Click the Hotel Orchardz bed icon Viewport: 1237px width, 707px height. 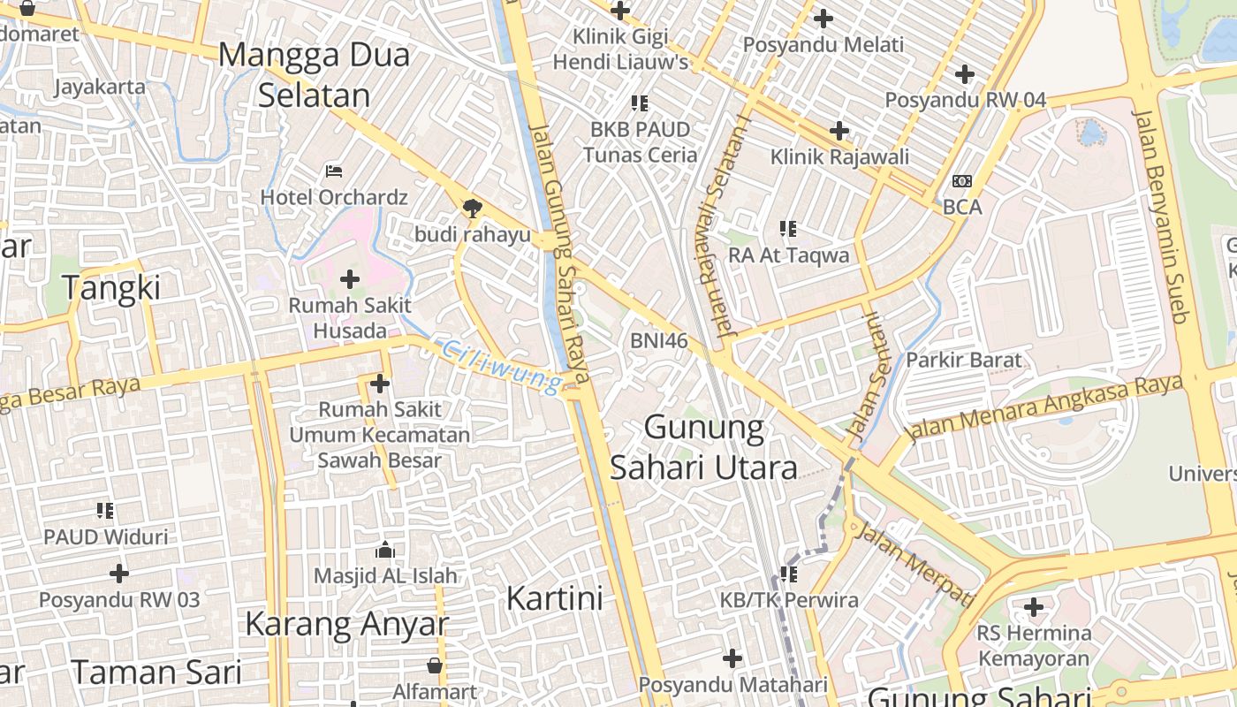point(333,171)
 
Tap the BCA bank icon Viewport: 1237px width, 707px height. point(962,181)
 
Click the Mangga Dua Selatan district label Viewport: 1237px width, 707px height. point(314,75)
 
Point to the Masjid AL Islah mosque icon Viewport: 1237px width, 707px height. point(385,551)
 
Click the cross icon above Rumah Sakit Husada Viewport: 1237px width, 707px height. point(350,280)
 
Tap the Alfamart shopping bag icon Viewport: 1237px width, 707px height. point(435,665)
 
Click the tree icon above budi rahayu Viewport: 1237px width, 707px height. point(473,209)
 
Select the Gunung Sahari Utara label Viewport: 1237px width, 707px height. point(704,447)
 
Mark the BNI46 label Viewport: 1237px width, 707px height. point(658,341)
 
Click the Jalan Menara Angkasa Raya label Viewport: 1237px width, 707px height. point(1044,407)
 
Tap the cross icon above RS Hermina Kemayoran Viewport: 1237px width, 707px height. point(1034,608)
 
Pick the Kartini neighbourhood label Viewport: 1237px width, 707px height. point(554,598)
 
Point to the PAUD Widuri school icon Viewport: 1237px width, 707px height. point(106,511)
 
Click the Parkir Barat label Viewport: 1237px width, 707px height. point(963,360)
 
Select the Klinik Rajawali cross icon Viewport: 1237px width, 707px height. point(839,132)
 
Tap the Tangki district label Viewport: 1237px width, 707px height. point(111,288)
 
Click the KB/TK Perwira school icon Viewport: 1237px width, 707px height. point(789,574)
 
